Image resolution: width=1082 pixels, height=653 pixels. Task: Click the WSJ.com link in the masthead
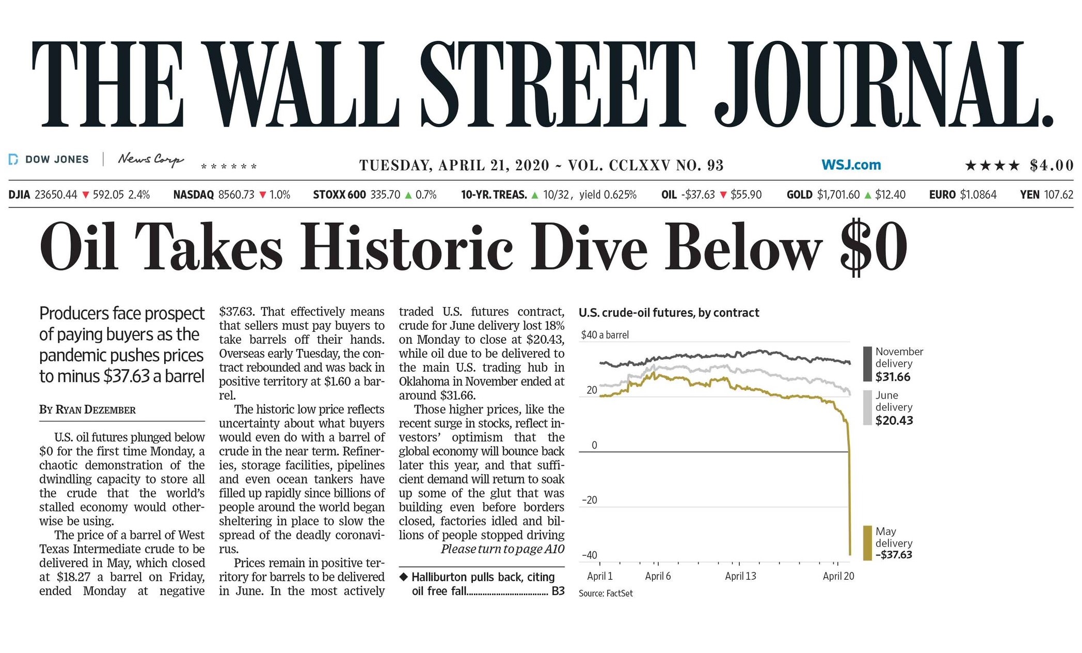[x=851, y=165]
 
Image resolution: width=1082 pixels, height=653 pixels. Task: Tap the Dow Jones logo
[x=49, y=160]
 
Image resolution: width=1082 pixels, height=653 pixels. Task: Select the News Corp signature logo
[x=150, y=159]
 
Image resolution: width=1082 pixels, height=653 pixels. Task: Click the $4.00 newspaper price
[x=1052, y=165]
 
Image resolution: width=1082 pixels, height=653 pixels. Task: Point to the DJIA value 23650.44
[x=56, y=195]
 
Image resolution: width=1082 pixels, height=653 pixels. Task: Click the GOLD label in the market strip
[x=799, y=195]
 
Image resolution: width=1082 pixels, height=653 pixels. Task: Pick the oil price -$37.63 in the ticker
[x=698, y=195]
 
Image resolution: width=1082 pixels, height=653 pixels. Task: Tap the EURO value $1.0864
[x=978, y=195]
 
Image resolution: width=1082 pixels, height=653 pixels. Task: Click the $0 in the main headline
[x=873, y=246]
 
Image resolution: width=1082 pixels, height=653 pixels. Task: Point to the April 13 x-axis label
[x=740, y=576]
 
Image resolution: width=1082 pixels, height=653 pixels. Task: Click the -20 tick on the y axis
[x=590, y=500]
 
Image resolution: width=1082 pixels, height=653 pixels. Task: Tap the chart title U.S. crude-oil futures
[x=669, y=313]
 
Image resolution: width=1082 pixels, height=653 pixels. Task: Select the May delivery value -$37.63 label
[x=894, y=555]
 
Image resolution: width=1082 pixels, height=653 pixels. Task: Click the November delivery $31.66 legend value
[x=893, y=377]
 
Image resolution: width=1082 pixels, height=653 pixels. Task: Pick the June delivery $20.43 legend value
[x=894, y=421]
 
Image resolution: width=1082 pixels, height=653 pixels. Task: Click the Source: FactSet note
[x=606, y=594]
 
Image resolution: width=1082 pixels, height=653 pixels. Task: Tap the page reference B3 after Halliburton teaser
[x=558, y=591]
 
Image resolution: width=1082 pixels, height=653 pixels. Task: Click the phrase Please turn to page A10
[x=502, y=549]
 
